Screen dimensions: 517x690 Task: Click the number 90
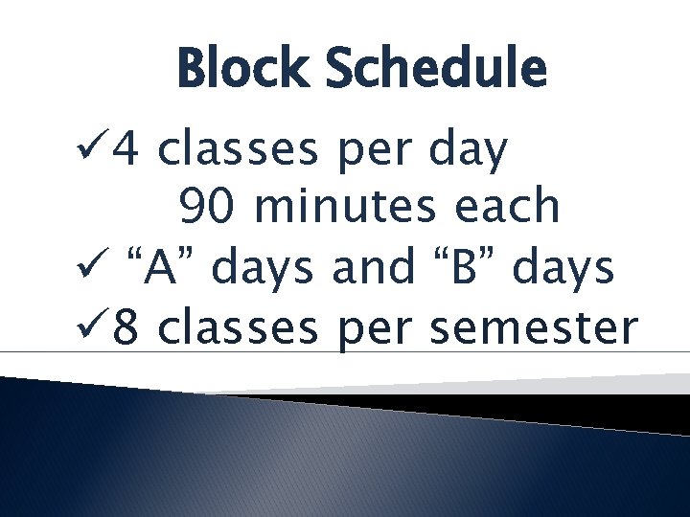click(208, 207)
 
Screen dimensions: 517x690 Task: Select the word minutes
click(342, 207)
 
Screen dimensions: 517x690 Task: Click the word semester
click(533, 328)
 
